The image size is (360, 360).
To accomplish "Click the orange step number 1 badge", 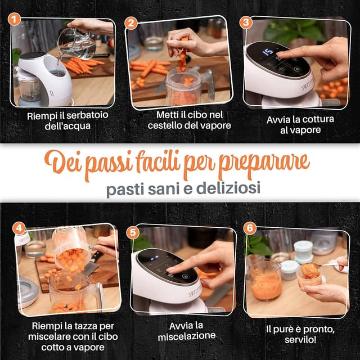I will pos(16,20).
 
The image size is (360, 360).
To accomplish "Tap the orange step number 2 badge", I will pos(131,23).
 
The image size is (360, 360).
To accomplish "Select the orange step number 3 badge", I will pos(246,22).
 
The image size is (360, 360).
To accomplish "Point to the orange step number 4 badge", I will pos(20,228).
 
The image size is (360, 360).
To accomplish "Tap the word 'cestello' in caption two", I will pos(168,125).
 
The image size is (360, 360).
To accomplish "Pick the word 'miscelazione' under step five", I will pos(186,336).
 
